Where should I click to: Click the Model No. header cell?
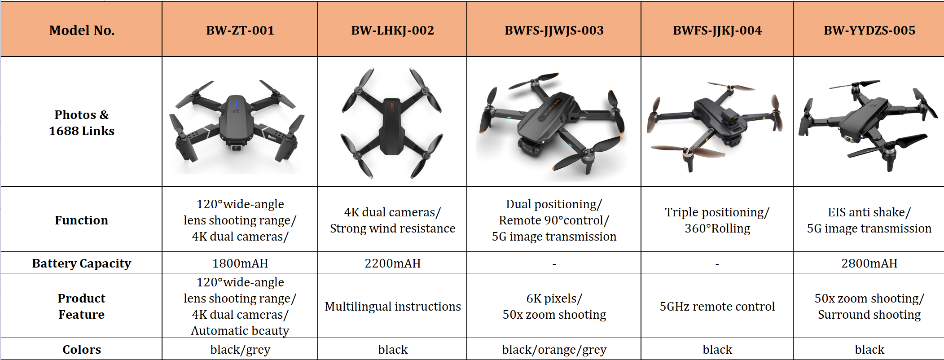pos(82,31)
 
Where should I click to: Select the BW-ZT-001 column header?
pos(240,31)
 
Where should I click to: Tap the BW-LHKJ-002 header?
pos(392,31)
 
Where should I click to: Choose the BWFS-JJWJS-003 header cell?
pos(554,31)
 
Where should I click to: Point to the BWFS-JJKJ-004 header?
pos(717,31)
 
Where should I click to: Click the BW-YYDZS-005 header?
pos(869,31)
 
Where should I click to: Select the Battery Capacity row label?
pos(82,263)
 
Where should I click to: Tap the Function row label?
pos(82,220)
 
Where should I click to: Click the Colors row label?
pos(82,349)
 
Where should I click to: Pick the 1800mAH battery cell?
pos(240,263)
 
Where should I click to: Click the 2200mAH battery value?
pos(392,263)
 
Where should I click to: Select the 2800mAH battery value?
pos(869,263)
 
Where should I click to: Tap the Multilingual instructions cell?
pos(392,306)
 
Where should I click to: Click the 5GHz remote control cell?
pos(717,306)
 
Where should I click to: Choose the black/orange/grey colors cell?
pos(554,349)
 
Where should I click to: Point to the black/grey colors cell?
pos(240,349)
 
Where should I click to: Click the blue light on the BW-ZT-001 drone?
pos(236,105)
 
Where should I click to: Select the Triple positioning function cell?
pos(717,220)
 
